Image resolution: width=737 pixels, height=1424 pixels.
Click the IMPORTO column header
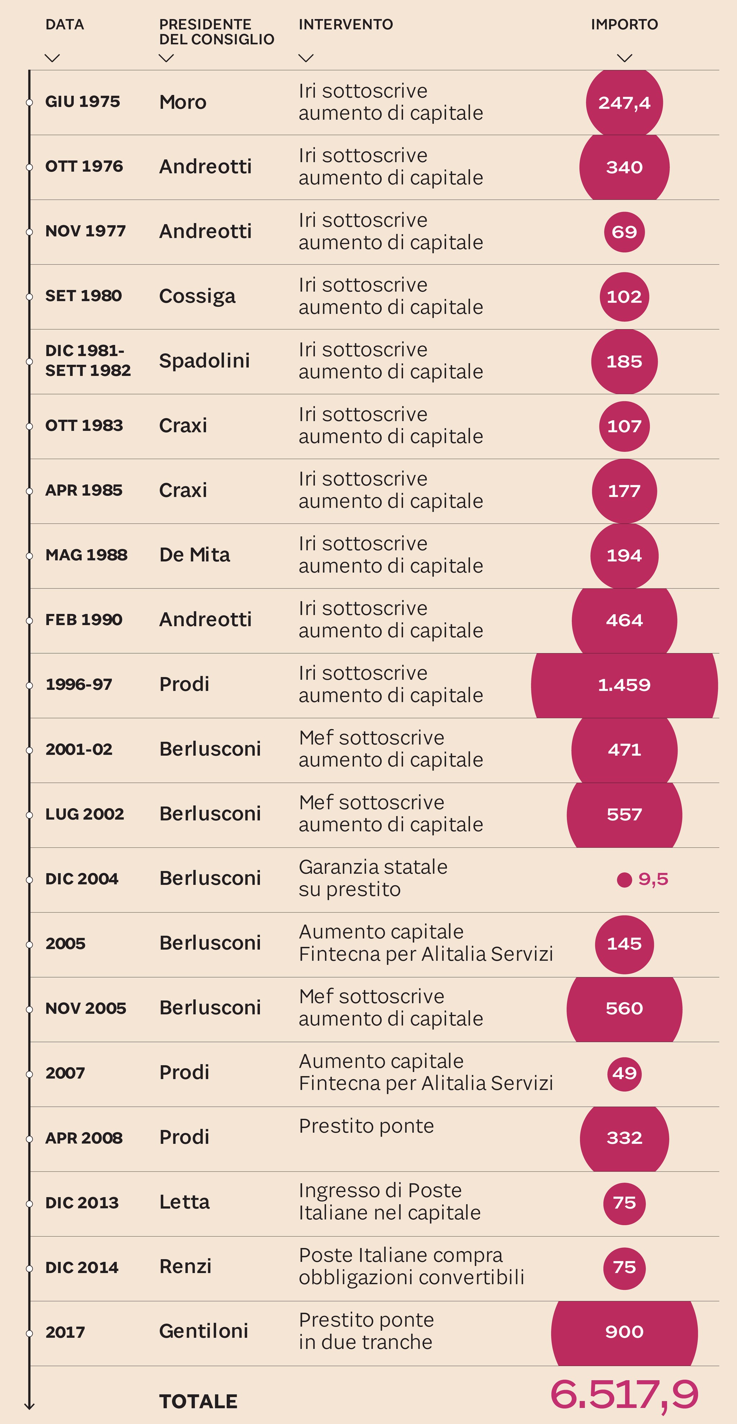[624, 24]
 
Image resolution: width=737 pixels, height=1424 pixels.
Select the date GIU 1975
[82, 102]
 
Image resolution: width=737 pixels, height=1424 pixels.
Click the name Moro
[182, 102]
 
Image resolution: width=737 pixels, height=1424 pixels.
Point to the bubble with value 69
[624, 232]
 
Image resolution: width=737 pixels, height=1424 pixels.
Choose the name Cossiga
[197, 296]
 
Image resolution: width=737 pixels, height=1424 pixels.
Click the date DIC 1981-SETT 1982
[87, 360]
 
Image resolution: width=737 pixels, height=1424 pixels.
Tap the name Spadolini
[204, 361]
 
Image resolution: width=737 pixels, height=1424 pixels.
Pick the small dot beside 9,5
[624, 879]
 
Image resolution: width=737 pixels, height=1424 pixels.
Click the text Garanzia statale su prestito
[373, 878]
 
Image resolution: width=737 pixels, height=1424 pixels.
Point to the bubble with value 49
[624, 1074]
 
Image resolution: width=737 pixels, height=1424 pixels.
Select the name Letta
[184, 1202]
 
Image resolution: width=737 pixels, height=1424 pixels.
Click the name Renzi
[185, 1266]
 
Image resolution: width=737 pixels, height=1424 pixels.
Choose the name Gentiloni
[203, 1331]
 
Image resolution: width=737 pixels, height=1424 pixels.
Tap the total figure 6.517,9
[624, 1394]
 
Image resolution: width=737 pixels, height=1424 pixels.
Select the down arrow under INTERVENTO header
[306, 58]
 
